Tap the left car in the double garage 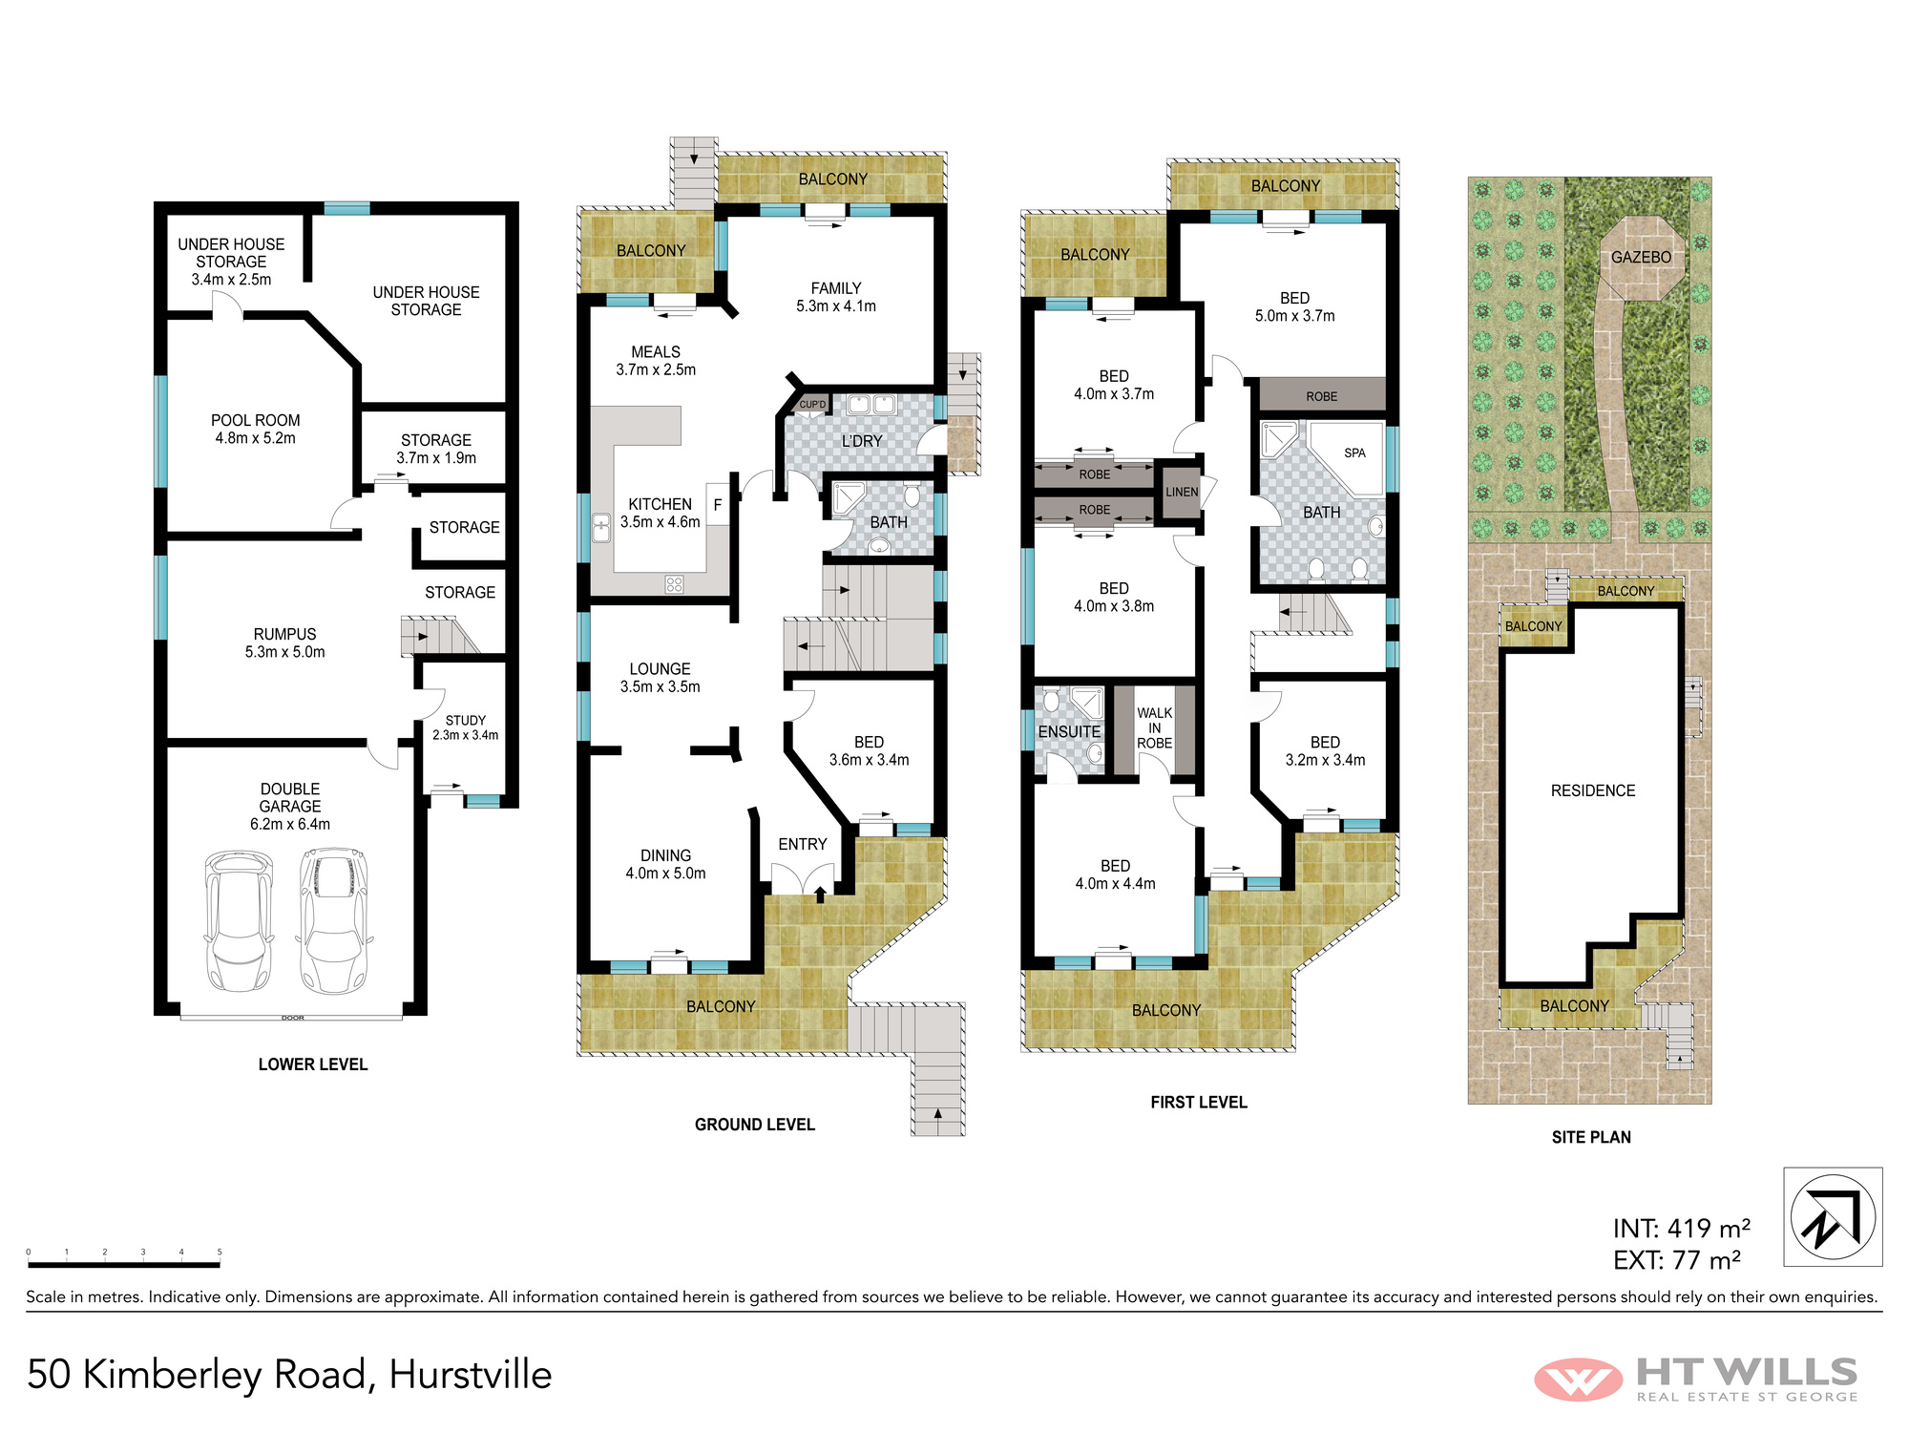(x=239, y=920)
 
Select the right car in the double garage (x=334, y=920)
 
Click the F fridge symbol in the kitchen (x=718, y=504)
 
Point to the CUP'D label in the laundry (x=812, y=405)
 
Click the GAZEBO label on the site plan (x=1641, y=257)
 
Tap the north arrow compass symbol (x=1833, y=1217)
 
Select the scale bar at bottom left (x=124, y=1265)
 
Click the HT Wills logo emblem (x=1578, y=1379)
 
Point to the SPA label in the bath (x=1354, y=453)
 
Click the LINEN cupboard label (x=1182, y=492)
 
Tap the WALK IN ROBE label (x=1154, y=727)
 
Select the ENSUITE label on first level (x=1069, y=731)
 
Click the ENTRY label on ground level (x=802, y=844)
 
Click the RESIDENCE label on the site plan (x=1592, y=790)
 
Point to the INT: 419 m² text (x=1681, y=1229)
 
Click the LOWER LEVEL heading (x=313, y=1064)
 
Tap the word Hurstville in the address (x=471, y=1375)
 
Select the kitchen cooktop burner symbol (x=674, y=584)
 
